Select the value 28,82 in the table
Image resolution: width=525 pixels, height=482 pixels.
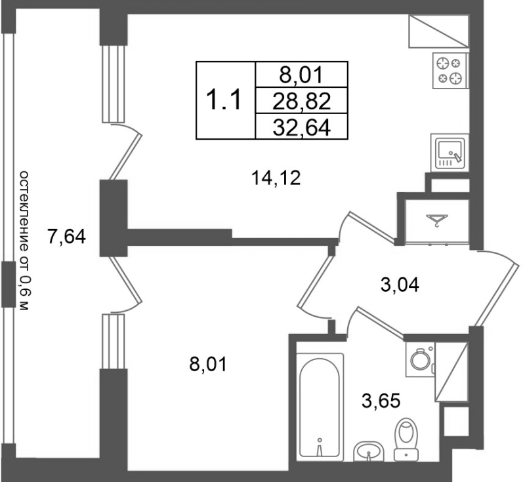tap(301, 100)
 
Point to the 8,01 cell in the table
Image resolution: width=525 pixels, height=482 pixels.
tap(301, 75)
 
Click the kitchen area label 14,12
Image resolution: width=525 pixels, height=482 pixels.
tap(276, 177)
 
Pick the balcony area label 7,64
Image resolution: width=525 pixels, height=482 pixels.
tap(66, 236)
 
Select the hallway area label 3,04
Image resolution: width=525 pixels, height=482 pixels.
tap(399, 285)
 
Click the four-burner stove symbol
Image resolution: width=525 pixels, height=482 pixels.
tap(450, 71)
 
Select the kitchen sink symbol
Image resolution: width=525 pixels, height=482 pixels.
tap(450, 152)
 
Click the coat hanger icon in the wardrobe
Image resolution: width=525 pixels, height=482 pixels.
tap(435, 219)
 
